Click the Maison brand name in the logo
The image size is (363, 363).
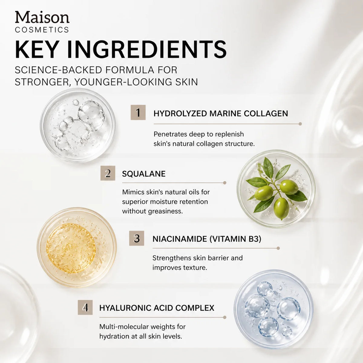click(x=42, y=18)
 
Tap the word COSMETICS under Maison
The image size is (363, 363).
click(x=42, y=30)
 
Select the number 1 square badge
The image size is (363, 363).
click(x=138, y=113)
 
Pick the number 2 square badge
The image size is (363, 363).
click(x=108, y=173)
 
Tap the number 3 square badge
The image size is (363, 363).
click(x=136, y=238)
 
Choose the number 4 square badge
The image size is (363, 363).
click(x=85, y=307)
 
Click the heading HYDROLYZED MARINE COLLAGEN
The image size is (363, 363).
click(x=221, y=114)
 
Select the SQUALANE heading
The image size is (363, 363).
click(x=144, y=174)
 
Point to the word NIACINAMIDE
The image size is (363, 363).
click(x=180, y=239)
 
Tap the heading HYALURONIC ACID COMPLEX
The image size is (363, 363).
click(x=157, y=308)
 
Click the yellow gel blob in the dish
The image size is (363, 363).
click(x=71, y=248)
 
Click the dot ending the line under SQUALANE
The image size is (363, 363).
click(x=224, y=183)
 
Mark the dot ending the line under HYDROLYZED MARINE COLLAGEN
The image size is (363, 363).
click(x=300, y=124)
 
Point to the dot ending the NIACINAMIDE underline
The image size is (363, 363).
click(x=278, y=248)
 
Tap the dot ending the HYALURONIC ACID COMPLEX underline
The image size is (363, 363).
click(x=224, y=317)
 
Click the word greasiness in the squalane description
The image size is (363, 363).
click(x=165, y=211)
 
